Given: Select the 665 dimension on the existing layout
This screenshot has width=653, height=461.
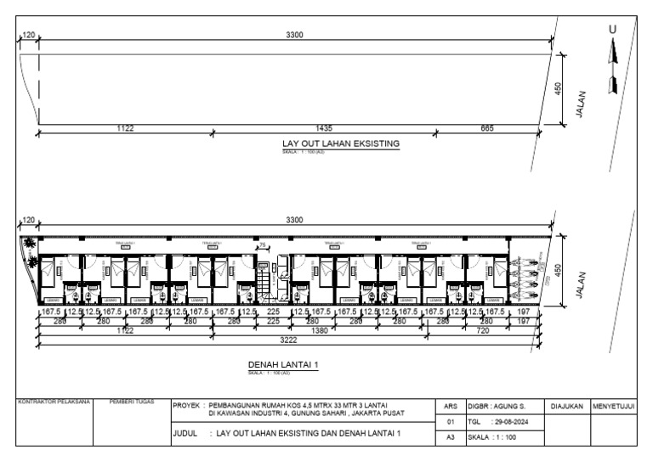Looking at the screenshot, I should (x=486, y=127).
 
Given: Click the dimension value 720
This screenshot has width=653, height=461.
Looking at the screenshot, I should (x=482, y=330).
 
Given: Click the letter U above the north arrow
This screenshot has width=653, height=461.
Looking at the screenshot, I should (x=610, y=30).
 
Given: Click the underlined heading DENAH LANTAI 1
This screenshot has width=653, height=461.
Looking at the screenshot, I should (x=282, y=364).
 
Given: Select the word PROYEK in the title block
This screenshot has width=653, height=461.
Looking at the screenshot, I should (x=186, y=407).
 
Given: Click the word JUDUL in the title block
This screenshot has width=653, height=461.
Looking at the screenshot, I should (x=185, y=433).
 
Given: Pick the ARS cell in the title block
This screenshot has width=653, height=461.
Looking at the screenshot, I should (x=451, y=407).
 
